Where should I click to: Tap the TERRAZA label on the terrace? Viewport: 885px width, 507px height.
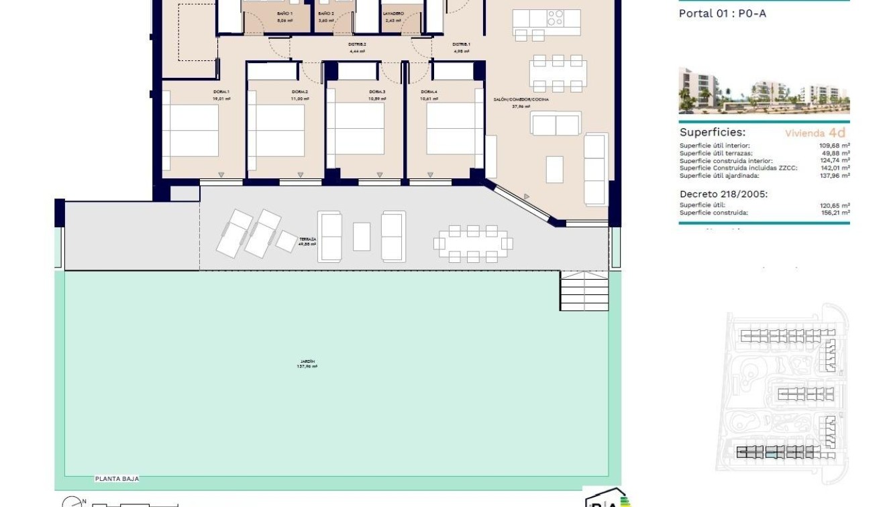pos(307,239)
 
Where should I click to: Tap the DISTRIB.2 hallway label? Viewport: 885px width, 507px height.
pos(357,44)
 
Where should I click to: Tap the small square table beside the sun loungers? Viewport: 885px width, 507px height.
pos(286,241)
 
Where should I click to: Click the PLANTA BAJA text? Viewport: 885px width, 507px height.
pos(117,479)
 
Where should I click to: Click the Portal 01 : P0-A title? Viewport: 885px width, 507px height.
pos(722,13)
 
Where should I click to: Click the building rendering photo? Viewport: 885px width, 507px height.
pos(764,91)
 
